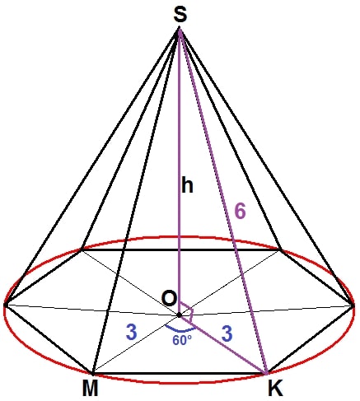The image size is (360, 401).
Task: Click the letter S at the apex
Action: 180,15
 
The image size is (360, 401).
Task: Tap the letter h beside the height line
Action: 187,185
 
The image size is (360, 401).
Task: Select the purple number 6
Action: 240,212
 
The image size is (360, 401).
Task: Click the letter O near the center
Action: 169,298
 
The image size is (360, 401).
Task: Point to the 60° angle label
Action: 182,340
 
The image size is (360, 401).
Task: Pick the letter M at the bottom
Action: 90,389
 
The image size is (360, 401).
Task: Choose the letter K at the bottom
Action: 275,389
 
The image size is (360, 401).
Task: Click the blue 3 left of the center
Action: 132,332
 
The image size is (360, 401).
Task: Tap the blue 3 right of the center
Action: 227,333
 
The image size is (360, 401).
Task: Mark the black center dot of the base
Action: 179,315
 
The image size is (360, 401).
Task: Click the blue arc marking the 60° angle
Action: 180,329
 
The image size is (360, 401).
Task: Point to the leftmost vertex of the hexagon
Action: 5,304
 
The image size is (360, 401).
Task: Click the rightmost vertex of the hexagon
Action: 353,305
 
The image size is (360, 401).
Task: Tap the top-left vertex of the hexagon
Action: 81,249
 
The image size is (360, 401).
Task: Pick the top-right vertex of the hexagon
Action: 280,249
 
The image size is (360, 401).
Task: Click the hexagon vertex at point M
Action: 93,373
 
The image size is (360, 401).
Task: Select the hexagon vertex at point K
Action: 266,373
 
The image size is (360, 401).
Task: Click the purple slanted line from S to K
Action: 223,200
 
